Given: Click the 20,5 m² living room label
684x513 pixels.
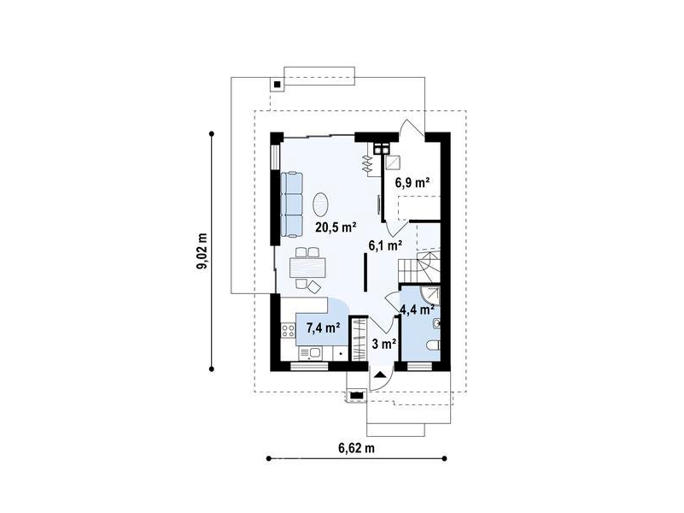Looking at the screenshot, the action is (336, 227).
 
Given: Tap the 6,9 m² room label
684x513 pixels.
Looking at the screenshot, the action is (412, 182).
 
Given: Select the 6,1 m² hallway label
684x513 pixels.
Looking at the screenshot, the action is (385, 245).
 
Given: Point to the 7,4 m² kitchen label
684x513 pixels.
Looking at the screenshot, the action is (324, 327).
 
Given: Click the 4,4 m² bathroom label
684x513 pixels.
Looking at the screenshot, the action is (417, 310).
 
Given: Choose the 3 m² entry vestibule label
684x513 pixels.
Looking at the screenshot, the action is (384, 344).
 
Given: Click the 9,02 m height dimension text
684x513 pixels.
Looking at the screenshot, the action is (202, 251).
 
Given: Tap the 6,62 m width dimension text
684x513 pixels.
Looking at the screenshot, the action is (356, 448).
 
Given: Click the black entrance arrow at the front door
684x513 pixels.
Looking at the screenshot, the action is (380, 374).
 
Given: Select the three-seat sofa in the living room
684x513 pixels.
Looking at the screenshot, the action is (291, 204).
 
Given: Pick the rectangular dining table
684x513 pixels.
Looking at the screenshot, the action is (307, 268).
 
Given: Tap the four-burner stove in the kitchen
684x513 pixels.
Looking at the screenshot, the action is (288, 331).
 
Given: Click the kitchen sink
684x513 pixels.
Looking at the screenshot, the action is (310, 353).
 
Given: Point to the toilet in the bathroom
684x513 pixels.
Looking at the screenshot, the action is (433, 345).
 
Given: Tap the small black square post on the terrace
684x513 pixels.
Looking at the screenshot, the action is (277, 84).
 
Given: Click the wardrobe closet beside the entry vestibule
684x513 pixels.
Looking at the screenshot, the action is (359, 339).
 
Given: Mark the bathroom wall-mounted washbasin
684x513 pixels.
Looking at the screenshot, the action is (436, 323).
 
